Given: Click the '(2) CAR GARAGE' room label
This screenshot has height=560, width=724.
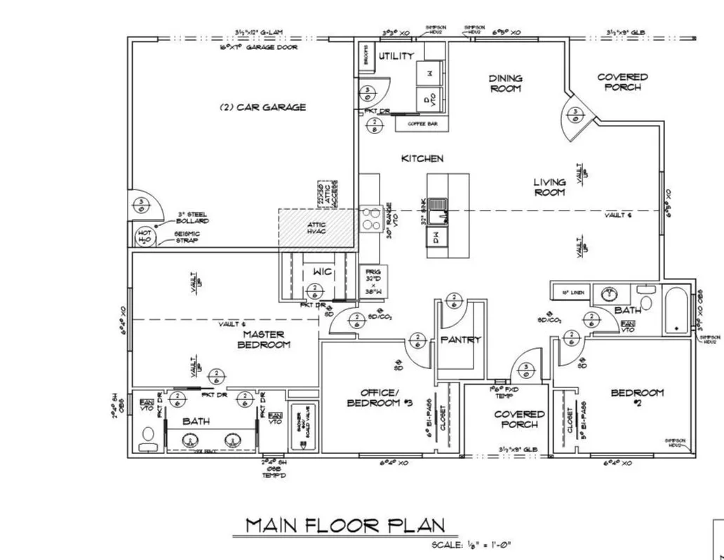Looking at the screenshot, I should [262, 107].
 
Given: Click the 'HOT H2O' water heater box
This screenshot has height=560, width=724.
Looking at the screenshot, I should [145, 236].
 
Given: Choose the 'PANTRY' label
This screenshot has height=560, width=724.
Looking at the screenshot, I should [460, 340].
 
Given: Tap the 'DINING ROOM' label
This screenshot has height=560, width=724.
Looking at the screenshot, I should [505, 84].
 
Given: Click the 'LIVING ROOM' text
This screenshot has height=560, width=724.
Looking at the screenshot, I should [549, 187].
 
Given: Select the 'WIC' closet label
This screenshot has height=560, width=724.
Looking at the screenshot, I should [322, 272].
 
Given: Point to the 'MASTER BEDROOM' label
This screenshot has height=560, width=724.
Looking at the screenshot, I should [263, 340].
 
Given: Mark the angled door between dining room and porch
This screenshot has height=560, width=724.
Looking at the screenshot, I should [578, 112].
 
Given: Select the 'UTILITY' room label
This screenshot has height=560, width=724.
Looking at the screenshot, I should [396, 56].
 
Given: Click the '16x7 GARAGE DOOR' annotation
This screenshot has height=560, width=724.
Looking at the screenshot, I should [259, 47].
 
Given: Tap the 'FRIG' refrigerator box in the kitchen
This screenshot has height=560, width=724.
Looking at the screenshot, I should [370, 282].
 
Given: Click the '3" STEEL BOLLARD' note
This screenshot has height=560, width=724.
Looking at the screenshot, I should [192, 218].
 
